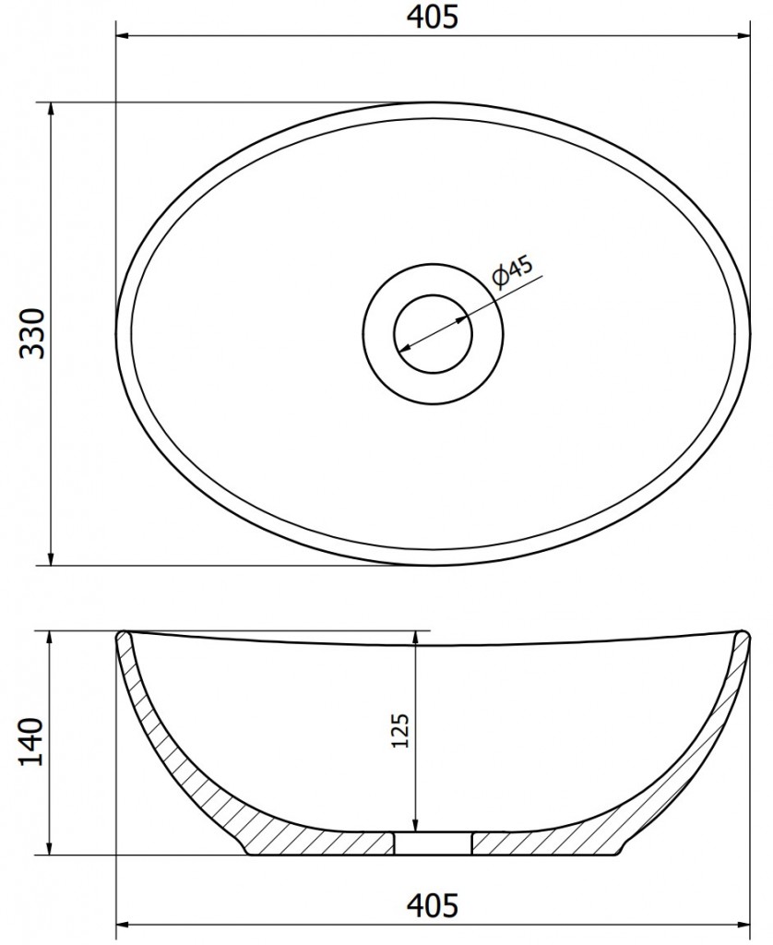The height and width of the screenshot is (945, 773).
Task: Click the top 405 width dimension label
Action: point(434,17)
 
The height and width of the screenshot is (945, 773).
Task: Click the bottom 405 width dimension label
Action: point(434,904)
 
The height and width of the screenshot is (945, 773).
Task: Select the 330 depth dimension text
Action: point(32,333)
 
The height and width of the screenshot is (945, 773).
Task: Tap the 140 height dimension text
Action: point(32,741)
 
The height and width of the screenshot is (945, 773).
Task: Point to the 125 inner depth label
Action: point(400,731)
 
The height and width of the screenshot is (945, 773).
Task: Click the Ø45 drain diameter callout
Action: point(513,271)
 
